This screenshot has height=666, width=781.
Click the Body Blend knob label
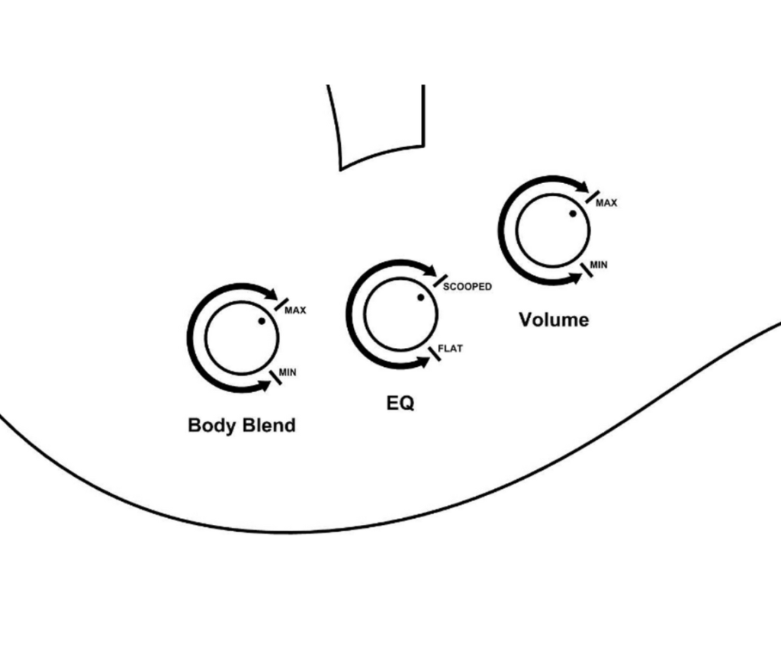(242, 426)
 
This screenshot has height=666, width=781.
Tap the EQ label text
(400, 403)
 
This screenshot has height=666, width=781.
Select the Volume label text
(554, 320)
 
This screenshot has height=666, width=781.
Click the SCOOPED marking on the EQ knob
(468, 286)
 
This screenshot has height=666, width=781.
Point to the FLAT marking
(450, 348)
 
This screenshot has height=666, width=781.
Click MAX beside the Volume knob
(606, 203)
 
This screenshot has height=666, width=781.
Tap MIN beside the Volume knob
(599, 265)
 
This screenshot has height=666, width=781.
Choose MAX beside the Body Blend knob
(295, 310)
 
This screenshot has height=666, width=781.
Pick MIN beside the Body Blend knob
(288, 372)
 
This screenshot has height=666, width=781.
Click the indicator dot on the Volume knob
(573, 214)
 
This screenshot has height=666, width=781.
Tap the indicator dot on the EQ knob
(421, 298)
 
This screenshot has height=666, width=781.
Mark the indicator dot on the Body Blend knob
(262, 321)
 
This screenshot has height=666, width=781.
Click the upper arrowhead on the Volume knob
(582, 186)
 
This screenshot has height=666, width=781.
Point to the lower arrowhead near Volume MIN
(576, 278)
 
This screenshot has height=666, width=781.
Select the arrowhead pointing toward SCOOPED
(430, 270)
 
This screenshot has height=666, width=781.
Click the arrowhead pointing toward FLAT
(423, 362)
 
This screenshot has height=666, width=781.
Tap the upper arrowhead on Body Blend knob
(271, 294)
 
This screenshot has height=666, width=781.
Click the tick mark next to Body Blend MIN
(275, 377)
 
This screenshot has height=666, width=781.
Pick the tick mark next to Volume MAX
(593, 197)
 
